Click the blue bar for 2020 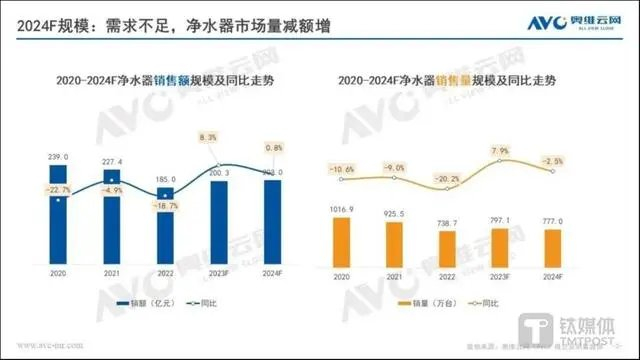59,216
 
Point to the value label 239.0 59,157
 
